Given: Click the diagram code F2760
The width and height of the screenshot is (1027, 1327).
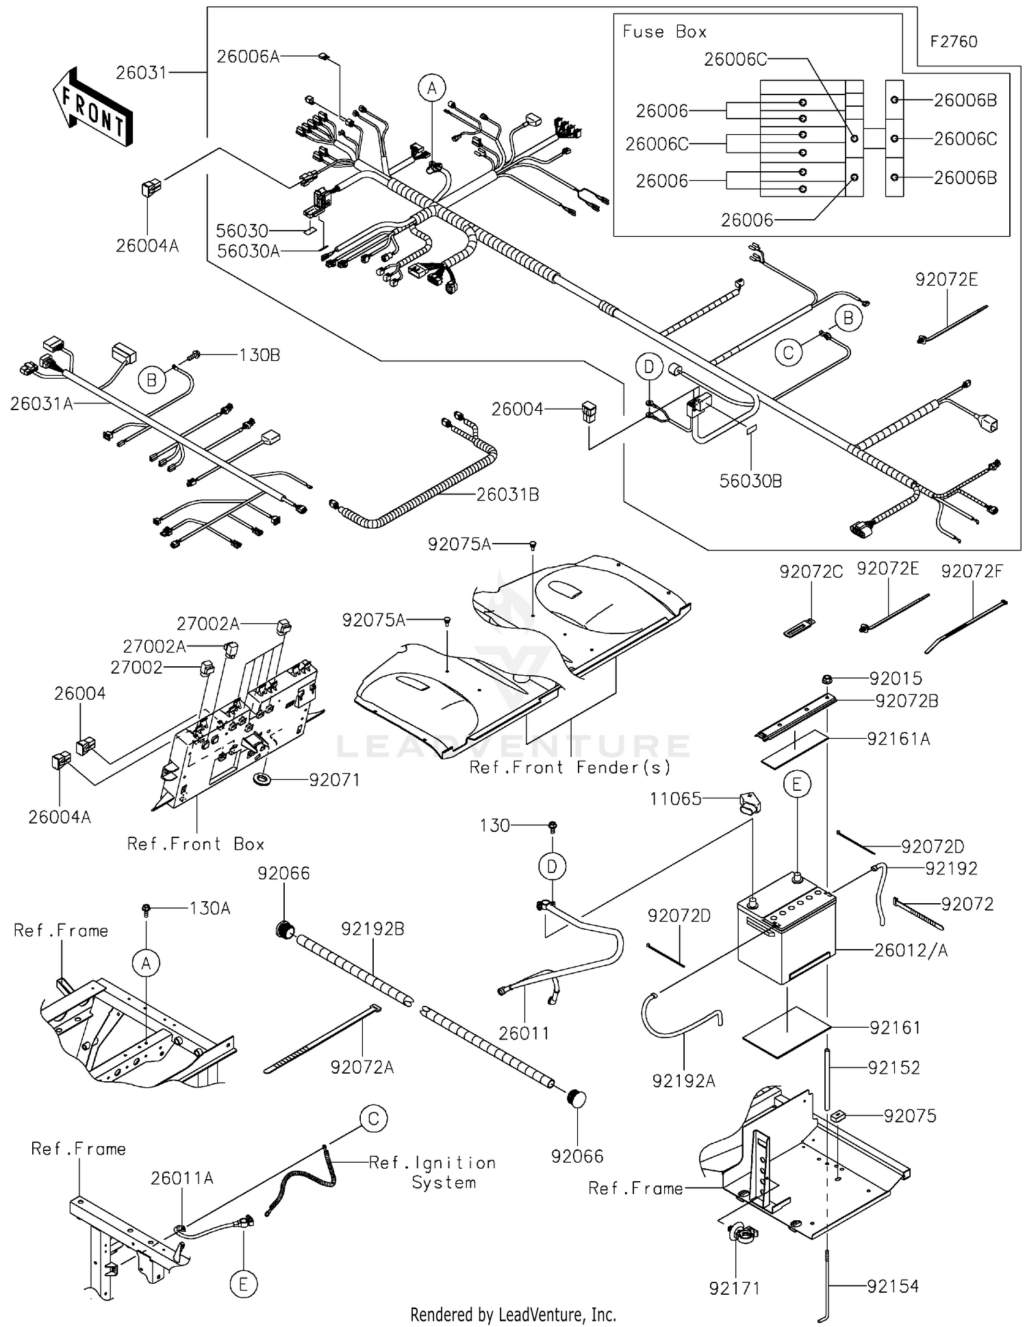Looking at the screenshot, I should (953, 42).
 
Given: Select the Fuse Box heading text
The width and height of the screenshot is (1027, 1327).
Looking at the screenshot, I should (663, 31).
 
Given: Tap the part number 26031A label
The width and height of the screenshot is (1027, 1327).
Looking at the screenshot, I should (41, 404).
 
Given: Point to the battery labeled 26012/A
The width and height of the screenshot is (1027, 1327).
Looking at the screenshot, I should (786, 935).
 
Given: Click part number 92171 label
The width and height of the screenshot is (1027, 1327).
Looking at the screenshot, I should (735, 1289).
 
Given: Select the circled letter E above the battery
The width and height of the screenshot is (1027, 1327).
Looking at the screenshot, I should (797, 785).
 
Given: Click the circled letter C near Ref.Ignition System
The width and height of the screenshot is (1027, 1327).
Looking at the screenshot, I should (373, 1119).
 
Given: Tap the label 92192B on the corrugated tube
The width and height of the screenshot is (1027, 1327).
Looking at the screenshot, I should (372, 929).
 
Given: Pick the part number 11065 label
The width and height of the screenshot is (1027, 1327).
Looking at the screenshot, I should (675, 798).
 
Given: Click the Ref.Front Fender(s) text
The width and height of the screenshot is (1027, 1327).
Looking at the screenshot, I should (570, 768).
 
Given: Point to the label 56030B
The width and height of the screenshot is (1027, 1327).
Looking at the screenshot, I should (750, 481).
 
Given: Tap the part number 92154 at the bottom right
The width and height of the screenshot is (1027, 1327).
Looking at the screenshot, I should (892, 1287).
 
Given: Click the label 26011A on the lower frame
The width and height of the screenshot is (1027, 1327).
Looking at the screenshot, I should (181, 1178).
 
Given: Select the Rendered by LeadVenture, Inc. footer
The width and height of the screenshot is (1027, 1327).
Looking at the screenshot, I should (513, 1315).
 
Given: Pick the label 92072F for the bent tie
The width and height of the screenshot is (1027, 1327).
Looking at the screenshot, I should (972, 571).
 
